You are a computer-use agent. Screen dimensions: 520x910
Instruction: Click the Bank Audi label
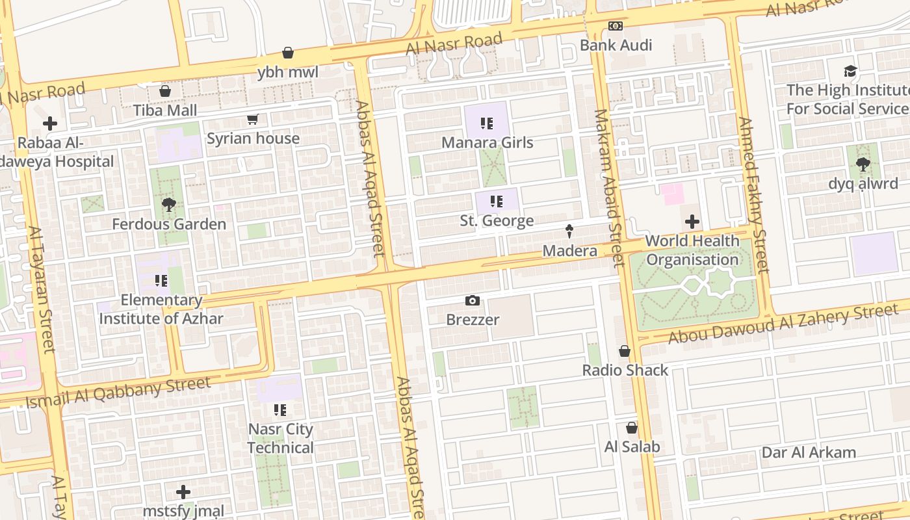tap(616, 45)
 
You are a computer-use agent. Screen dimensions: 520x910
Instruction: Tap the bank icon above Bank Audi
tap(616, 26)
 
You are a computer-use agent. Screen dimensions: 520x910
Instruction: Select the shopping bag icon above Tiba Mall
tap(165, 91)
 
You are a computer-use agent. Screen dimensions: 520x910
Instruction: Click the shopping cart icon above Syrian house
tap(253, 119)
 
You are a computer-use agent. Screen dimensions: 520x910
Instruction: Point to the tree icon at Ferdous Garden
tap(169, 205)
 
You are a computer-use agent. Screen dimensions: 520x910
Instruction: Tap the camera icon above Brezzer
tap(473, 300)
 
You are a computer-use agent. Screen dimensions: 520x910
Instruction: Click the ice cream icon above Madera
tap(569, 231)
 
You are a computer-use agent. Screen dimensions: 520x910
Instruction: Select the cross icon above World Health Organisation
tap(692, 222)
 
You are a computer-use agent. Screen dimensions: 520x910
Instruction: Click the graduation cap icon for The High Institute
tap(850, 71)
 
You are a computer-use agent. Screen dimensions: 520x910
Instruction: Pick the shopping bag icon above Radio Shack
tap(625, 351)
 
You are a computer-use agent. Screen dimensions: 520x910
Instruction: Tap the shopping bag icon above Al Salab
tap(631, 428)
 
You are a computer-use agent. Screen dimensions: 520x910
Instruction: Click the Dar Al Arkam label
tap(809, 452)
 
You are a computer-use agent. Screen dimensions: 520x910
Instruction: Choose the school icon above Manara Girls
tap(487, 123)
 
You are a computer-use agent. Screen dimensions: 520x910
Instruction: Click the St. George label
tap(497, 221)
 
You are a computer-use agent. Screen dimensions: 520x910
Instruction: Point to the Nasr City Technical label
tap(280, 438)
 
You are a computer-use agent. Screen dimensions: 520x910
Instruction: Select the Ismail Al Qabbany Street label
tap(118, 393)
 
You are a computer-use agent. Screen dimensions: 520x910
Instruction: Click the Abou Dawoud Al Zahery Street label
tap(783, 324)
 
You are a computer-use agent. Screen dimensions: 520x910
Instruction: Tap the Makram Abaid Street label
tap(609, 188)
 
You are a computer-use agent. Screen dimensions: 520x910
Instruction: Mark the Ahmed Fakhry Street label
tap(754, 195)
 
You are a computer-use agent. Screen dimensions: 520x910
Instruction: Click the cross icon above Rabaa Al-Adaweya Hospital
tap(50, 123)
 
